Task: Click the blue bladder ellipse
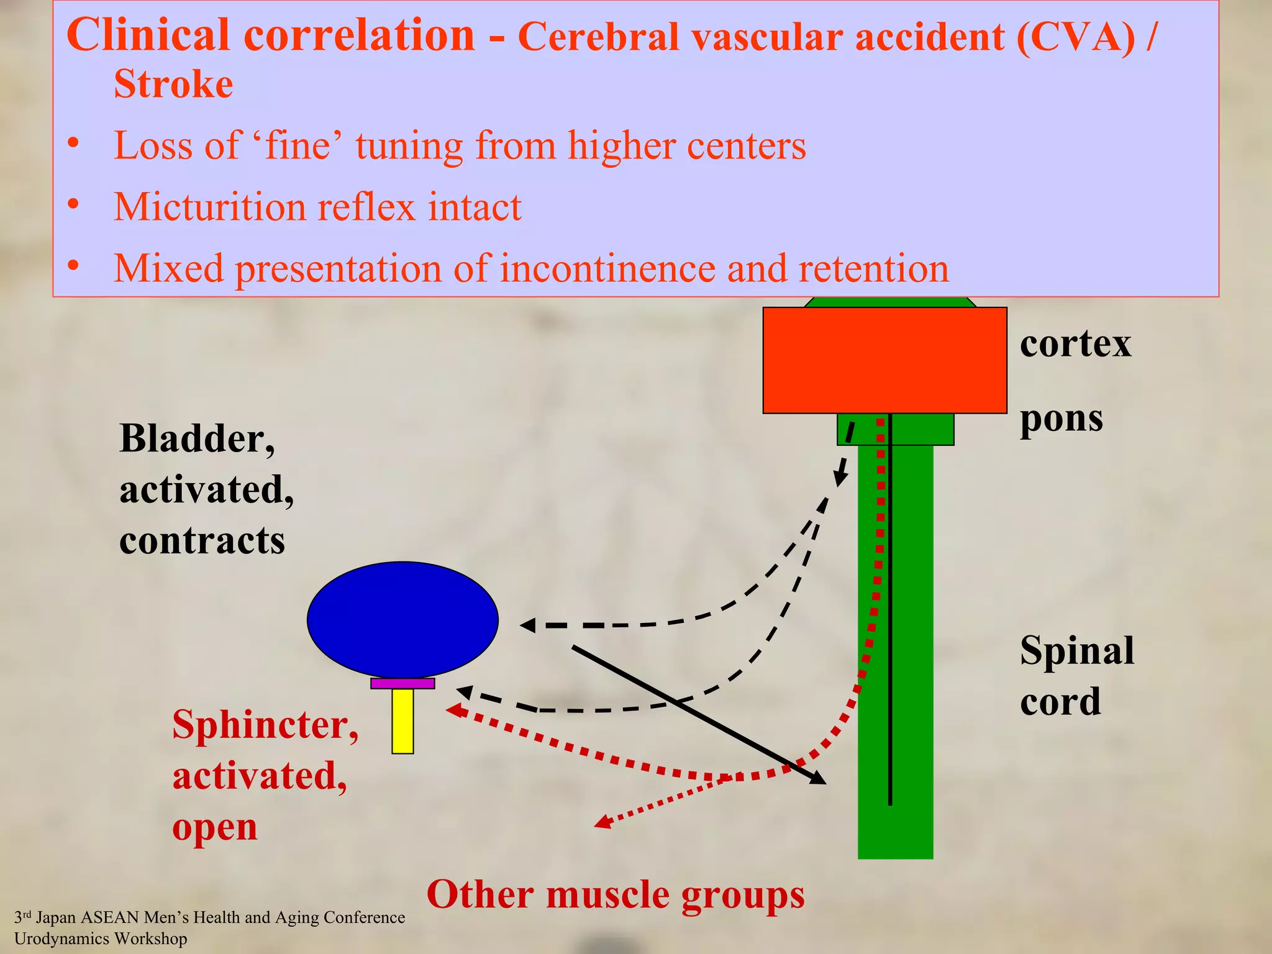click(402, 620)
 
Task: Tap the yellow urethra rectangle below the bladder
click(402, 720)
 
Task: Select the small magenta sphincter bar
click(402, 683)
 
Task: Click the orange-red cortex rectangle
click(884, 360)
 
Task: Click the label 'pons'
click(1061, 419)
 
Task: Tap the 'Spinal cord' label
click(1077, 676)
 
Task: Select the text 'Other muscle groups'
click(616, 894)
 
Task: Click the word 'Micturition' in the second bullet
click(210, 207)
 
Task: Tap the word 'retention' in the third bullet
click(873, 268)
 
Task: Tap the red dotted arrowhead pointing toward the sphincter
click(453, 711)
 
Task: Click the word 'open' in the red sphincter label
click(214, 827)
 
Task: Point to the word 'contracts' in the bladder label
click(202, 540)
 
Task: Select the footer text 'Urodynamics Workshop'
click(101, 938)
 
